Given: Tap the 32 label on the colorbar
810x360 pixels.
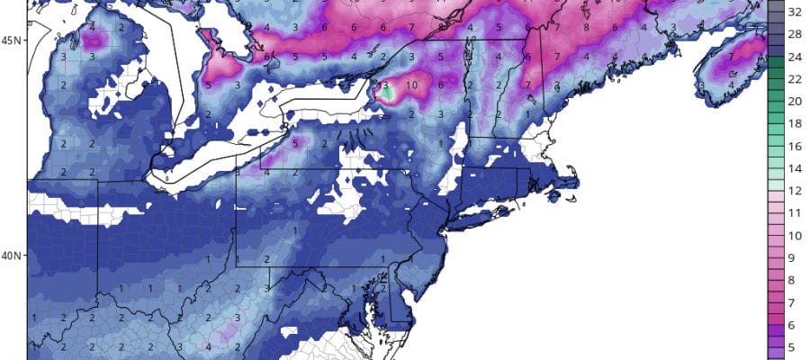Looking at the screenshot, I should coord(795,13).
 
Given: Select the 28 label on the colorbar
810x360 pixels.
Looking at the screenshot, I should coord(795,35).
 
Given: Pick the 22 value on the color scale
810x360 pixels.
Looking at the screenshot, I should coord(795,79).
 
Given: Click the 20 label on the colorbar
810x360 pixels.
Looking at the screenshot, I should coord(795,101).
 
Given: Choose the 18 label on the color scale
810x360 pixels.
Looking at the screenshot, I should coord(795,123).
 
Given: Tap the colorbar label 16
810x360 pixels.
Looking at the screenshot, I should coord(795,146).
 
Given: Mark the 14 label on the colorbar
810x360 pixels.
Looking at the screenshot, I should coord(795,167).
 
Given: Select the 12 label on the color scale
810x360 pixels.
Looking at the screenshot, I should coord(795,190).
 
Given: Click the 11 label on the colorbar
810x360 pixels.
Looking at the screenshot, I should coord(795,212).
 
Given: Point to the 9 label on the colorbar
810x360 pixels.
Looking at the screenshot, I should coord(795,256).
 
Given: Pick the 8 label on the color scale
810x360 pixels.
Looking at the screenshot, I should coord(795,279).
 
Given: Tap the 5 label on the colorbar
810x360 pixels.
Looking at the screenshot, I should coord(795,346).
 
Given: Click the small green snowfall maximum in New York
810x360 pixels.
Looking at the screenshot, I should coord(387,92).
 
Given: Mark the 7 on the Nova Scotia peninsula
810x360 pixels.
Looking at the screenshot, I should coord(733,55).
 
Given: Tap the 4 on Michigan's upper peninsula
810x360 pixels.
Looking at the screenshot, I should coord(94,27).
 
